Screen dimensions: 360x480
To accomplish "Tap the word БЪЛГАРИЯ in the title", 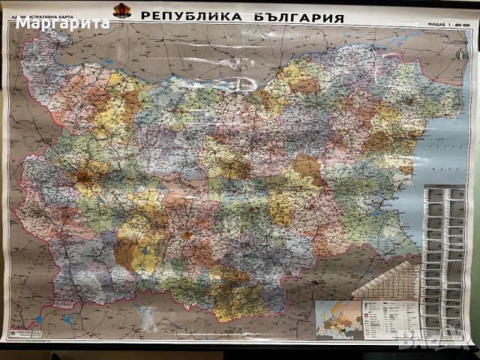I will click(x=298, y=16).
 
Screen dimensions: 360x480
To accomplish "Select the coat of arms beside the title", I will click(x=121, y=12).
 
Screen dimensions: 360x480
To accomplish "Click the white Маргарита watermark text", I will click(x=63, y=22).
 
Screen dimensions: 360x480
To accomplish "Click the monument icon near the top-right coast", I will click(x=410, y=100).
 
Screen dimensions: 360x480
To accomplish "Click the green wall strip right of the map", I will click(x=475, y=187).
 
